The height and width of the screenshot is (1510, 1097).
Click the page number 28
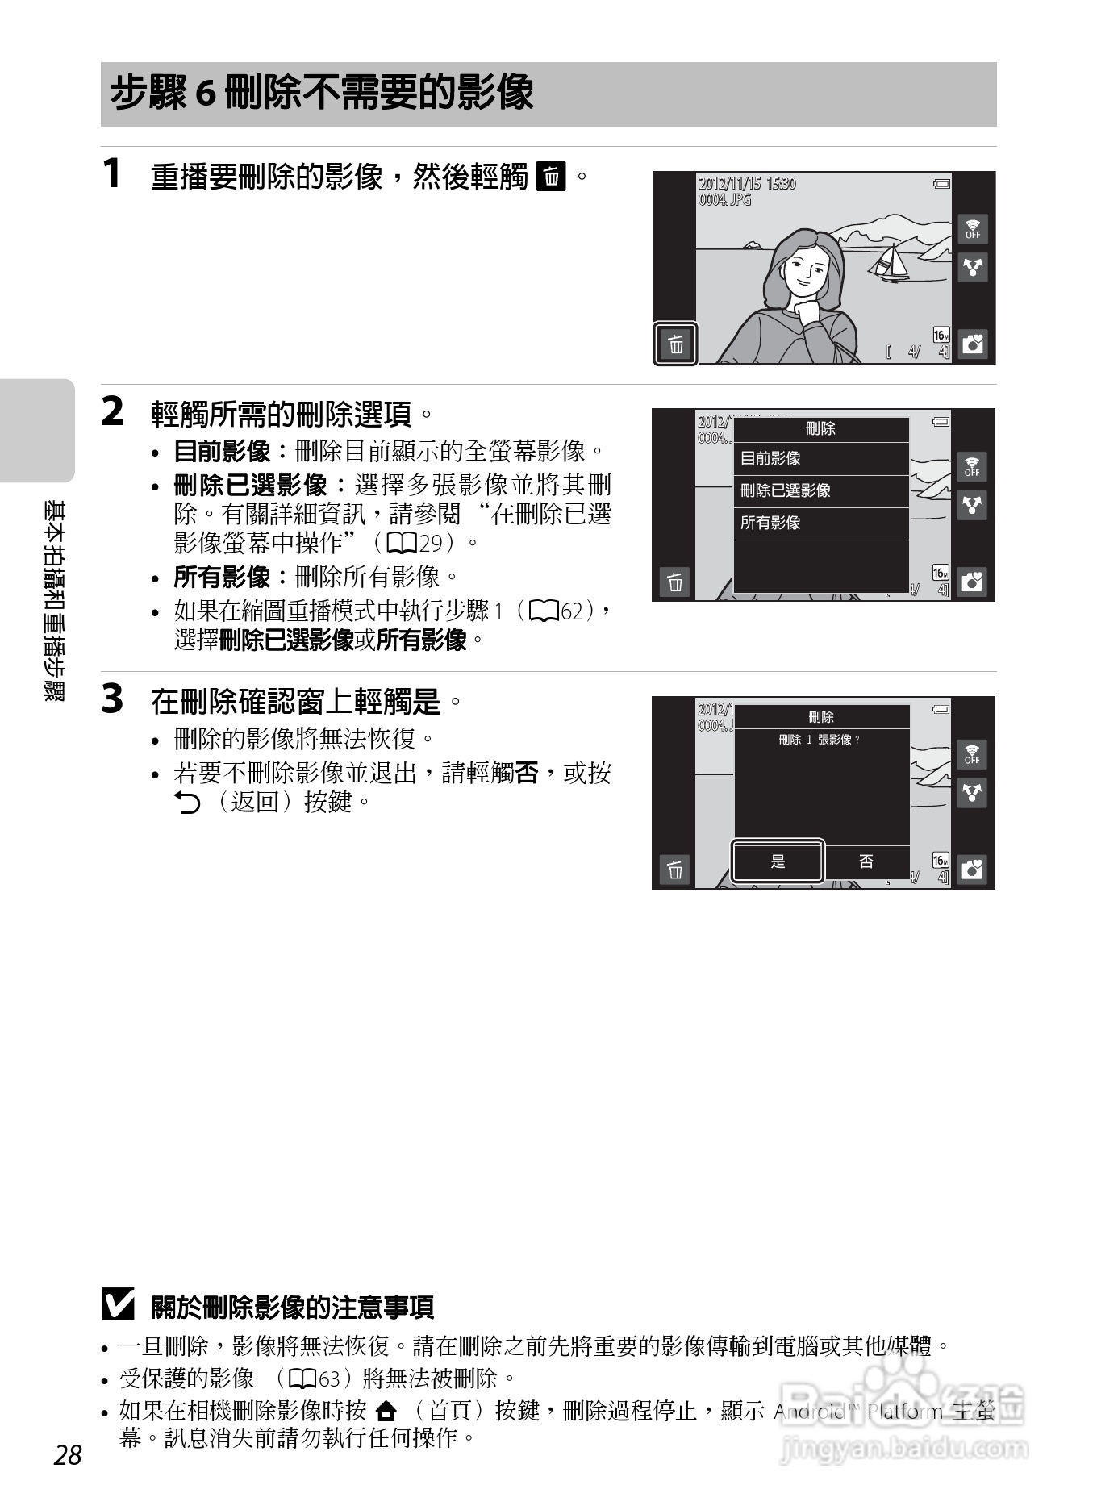tap(69, 1454)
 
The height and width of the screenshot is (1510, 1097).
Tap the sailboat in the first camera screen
tap(891, 263)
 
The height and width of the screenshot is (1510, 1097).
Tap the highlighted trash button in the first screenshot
tap(675, 344)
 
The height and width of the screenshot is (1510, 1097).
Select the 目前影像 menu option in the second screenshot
tap(820, 459)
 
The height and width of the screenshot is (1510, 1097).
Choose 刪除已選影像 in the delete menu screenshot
tap(820, 491)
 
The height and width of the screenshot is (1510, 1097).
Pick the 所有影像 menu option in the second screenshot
tap(820, 523)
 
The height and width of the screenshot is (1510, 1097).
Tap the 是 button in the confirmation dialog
tap(778, 861)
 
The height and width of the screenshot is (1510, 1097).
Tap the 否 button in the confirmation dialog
tap(866, 861)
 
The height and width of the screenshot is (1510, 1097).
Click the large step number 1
tap(113, 174)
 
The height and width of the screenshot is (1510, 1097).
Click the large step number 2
tap(113, 412)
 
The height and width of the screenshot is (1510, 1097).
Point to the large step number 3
tap(113, 699)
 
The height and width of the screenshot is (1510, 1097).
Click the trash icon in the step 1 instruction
tap(552, 176)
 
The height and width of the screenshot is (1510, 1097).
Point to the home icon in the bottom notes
tap(387, 1411)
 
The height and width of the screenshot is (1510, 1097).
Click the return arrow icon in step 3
tap(187, 803)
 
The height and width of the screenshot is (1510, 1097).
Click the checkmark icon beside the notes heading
tap(118, 1305)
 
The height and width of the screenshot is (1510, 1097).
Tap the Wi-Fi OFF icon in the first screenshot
tap(973, 229)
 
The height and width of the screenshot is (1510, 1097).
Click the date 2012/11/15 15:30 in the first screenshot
tap(747, 184)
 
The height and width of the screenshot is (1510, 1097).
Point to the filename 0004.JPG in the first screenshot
tap(724, 199)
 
